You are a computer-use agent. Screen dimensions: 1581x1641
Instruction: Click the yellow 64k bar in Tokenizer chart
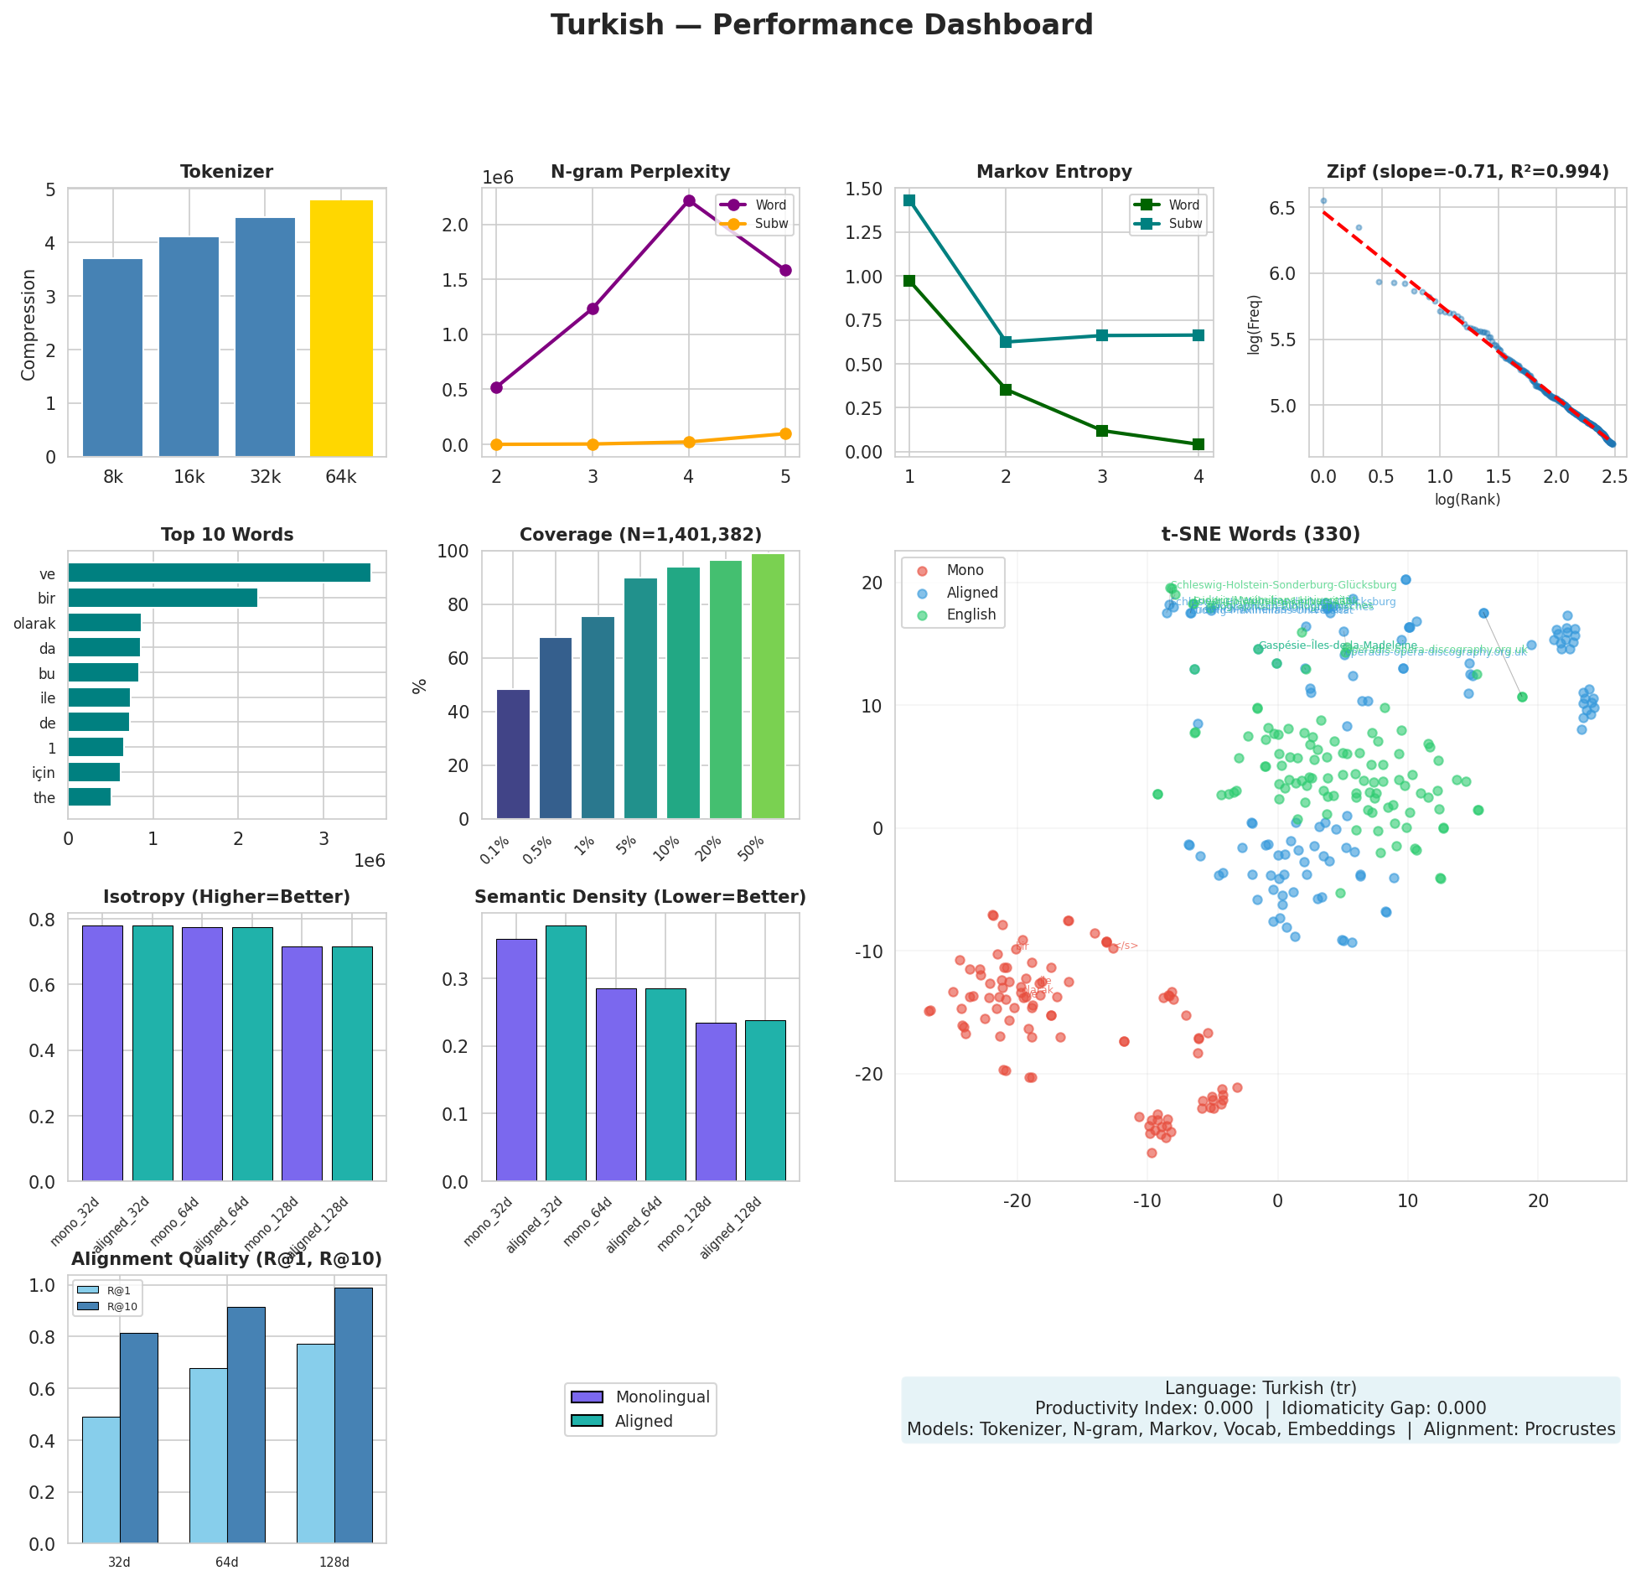341,329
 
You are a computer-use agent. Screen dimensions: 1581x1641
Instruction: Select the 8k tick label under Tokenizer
113,477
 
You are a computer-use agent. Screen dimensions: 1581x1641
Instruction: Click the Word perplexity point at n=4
689,200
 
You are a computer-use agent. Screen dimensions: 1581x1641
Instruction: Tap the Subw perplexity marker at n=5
785,433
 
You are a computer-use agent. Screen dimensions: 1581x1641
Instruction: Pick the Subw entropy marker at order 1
909,200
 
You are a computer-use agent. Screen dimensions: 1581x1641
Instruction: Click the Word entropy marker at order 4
1198,444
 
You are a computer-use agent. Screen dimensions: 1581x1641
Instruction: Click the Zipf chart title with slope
1468,172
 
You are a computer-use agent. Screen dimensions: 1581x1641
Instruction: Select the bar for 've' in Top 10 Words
219,573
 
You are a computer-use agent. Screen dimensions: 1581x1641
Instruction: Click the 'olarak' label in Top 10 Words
34,624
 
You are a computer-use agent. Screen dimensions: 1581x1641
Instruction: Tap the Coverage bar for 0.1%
513,754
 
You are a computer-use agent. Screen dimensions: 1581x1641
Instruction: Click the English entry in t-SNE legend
971,614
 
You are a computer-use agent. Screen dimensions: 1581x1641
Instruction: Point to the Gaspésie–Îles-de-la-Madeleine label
1338,645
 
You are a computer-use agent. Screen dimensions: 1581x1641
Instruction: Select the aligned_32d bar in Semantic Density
566,1053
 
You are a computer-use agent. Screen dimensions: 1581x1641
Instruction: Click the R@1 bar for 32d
101,1480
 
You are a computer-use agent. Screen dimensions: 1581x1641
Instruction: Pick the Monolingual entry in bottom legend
662,1397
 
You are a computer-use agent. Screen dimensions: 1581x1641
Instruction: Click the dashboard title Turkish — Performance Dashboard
821,25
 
